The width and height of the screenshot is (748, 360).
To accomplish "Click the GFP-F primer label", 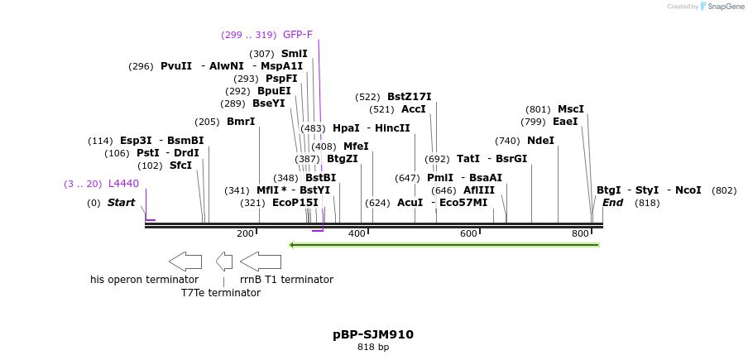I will [298, 35].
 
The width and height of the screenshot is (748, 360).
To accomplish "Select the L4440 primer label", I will [124, 184].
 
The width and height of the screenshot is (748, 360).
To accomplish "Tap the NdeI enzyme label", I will [540, 141].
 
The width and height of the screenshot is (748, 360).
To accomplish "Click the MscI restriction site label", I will [571, 109].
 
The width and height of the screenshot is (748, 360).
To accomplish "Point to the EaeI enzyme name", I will [566, 122].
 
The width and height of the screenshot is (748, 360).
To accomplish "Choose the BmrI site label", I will [241, 122].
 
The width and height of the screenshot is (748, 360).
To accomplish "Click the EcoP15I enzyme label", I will [295, 203].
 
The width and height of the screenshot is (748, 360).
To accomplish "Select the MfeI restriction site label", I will [356, 146].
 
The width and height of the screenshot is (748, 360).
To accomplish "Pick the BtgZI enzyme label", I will [343, 159].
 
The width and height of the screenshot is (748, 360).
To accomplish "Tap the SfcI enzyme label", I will [180, 166].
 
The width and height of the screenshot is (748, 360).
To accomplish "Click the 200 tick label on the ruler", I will [245, 234].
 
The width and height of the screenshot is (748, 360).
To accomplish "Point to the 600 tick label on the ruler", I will [468, 234].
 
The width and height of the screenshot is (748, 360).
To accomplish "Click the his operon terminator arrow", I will [185, 262].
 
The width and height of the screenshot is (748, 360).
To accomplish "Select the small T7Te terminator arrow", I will [224, 262].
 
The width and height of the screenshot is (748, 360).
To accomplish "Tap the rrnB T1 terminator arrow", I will [261, 262].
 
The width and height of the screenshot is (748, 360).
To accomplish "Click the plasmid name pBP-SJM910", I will [373, 334].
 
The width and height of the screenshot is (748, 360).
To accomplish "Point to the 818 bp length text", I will [373, 348].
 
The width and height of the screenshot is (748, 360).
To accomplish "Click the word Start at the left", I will [121, 203].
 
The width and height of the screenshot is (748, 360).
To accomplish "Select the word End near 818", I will [612, 203].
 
